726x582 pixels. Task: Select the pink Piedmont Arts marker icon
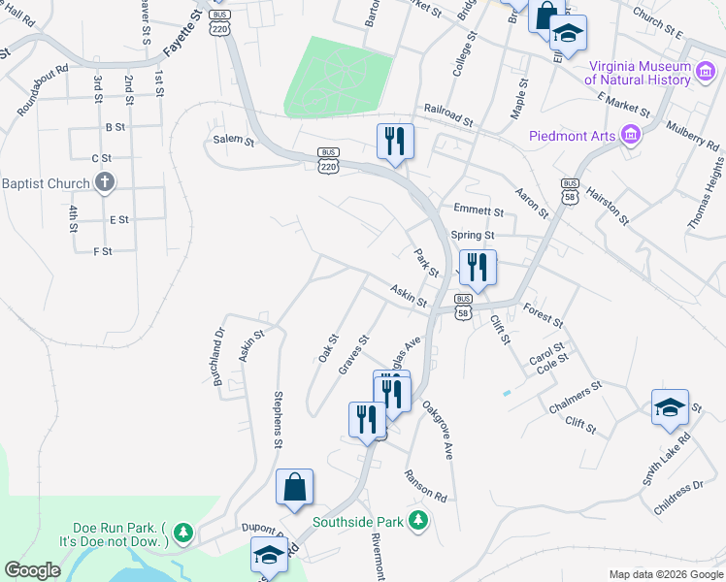633,135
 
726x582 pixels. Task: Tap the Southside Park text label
357,522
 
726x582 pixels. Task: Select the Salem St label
233,141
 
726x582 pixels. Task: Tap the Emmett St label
478,210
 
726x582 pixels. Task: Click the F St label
102,251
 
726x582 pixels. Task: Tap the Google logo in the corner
32,570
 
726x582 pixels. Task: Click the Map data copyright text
665,574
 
